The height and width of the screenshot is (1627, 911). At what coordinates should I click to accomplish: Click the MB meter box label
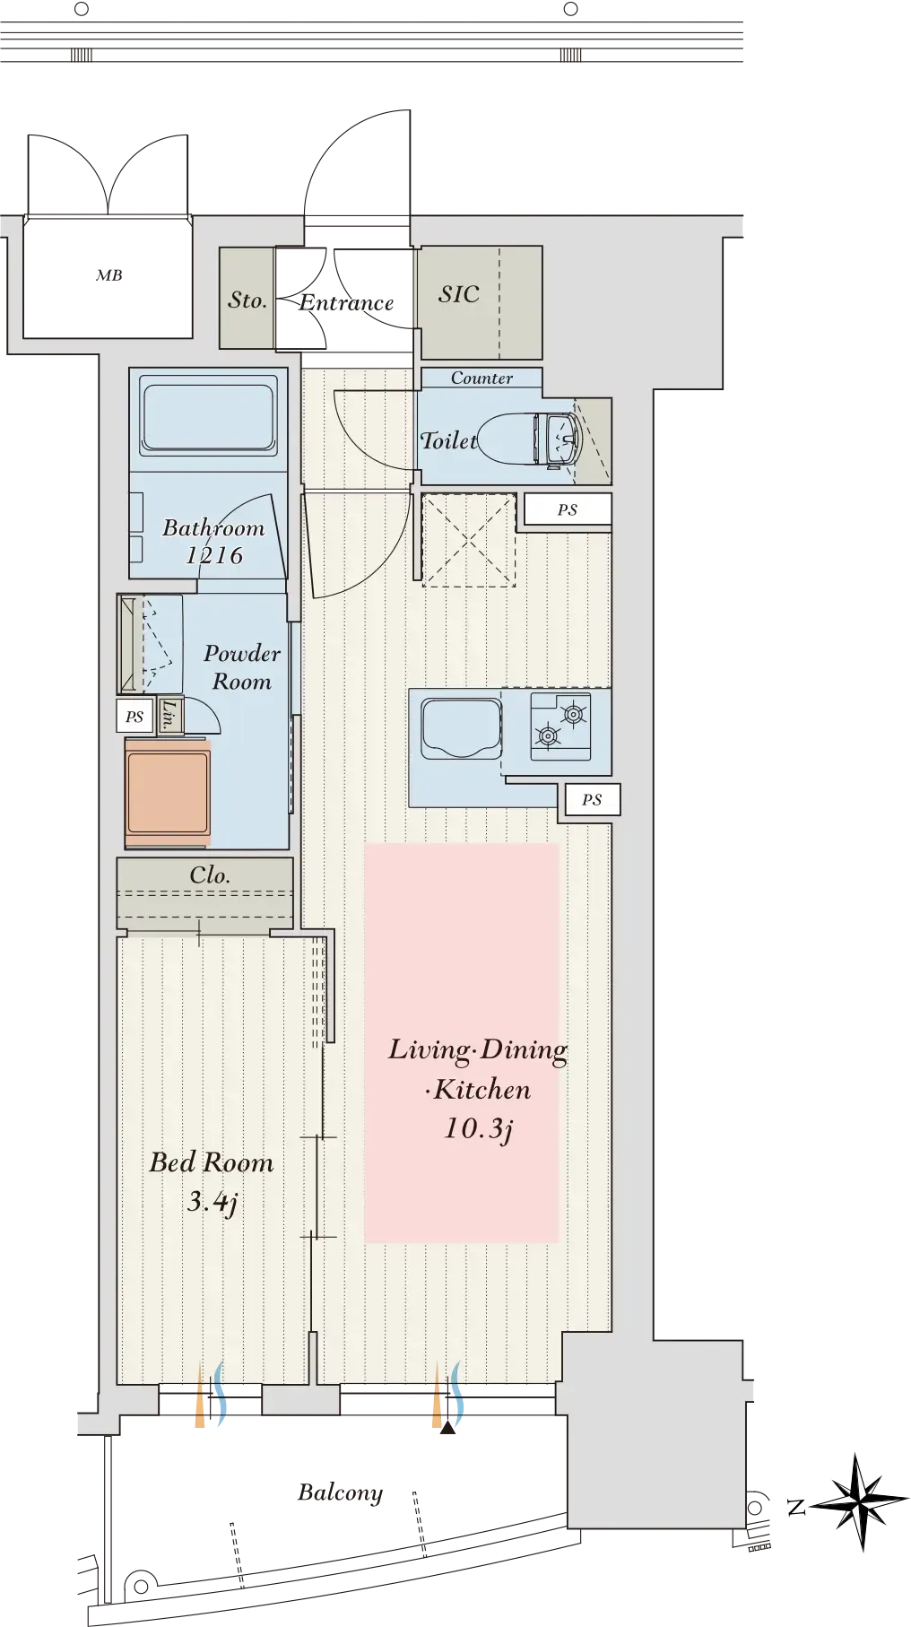point(109,275)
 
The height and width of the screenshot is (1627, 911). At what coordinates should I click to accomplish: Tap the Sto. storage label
point(247,300)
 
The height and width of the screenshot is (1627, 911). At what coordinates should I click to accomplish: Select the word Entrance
point(346,302)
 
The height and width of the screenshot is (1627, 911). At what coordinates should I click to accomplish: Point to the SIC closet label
point(459,294)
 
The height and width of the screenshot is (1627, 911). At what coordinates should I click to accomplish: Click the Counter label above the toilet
point(482,378)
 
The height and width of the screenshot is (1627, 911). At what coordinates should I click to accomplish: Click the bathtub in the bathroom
point(208,418)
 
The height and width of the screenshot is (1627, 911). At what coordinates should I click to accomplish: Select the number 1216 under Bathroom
point(214,555)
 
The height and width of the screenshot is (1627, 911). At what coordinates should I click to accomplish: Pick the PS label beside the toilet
point(568,509)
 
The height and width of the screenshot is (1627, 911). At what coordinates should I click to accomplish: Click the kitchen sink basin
point(462,728)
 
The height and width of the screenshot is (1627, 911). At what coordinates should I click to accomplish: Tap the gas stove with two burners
point(560,726)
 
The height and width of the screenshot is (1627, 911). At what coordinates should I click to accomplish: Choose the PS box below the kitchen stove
point(592,799)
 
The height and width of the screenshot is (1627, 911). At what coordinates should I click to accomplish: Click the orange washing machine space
point(168,793)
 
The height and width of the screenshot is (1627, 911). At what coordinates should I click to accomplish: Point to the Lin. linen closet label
point(169,715)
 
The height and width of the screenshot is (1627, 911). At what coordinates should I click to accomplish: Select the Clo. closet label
point(210,874)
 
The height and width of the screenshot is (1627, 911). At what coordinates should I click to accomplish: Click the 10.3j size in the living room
point(479,1128)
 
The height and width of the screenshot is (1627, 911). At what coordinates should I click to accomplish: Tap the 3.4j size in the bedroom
point(213,1202)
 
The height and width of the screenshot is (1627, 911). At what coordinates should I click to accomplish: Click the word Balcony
point(341,1492)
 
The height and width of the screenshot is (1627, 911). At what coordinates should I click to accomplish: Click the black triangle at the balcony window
point(448,1427)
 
